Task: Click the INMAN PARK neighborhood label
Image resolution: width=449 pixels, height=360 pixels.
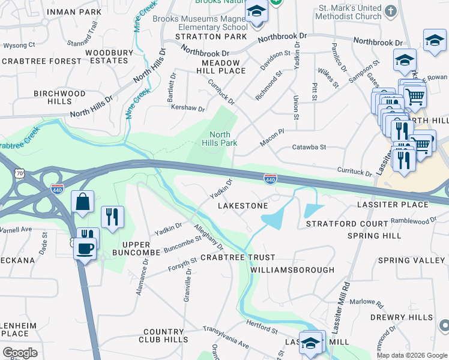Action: pyautogui.click(x=74, y=11)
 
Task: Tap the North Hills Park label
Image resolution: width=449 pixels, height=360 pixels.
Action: pyautogui.click(x=223, y=139)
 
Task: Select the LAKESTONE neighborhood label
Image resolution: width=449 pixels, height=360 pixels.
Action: pyautogui.click(x=243, y=206)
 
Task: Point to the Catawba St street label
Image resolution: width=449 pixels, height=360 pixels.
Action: pyautogui.click(x=309, y=147)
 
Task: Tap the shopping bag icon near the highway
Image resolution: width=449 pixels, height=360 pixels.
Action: pyautogui.click(x=82, y=202)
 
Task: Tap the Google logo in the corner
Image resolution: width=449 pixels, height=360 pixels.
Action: pyautogui.click(x=20, y=353)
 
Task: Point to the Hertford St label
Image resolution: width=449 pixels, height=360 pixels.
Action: pyautogui.click(x=262, y=326)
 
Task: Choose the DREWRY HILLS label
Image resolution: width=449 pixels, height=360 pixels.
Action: pyautogui.click(x=410, y=317)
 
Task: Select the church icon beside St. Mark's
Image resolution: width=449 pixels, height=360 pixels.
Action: pyautogui.click(x=391, y=11)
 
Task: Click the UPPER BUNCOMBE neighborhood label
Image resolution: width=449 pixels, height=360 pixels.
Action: pyautogui.click(x=141, y=248)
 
